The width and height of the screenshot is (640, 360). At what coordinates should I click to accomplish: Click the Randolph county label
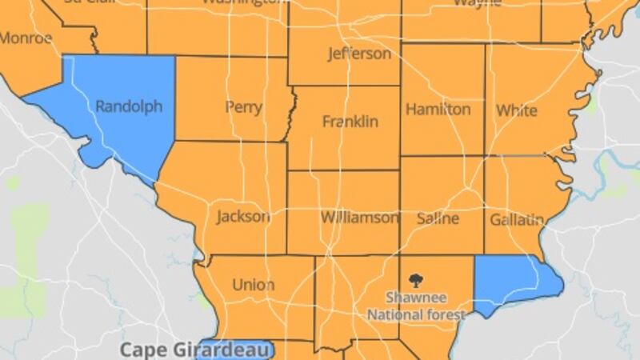click(129, 106)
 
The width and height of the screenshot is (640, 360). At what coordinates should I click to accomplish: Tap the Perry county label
click(244, 106)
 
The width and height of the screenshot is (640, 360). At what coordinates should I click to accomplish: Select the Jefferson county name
click(359, 54)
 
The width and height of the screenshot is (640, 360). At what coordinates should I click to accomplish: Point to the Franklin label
click(350, 122)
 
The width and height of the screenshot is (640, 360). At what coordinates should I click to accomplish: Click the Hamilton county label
click(438, 109)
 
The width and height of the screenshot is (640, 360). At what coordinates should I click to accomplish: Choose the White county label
click(517, 110)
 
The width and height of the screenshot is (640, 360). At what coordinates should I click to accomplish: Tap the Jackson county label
click(243, 216)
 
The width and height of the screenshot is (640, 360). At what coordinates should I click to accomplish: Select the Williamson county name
click(359, 217)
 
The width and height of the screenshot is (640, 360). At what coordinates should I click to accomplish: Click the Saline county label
click(438, 218)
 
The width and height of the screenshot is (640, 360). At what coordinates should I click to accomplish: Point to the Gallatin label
click(517, 218)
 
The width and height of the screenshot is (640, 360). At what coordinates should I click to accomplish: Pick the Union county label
click(253, 284)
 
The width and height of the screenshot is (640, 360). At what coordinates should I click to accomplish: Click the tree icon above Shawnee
click(416, 280)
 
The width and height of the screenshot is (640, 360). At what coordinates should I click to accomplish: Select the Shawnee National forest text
click(416, 306)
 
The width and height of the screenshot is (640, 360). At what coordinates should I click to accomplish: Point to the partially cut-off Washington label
click(243, 2)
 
